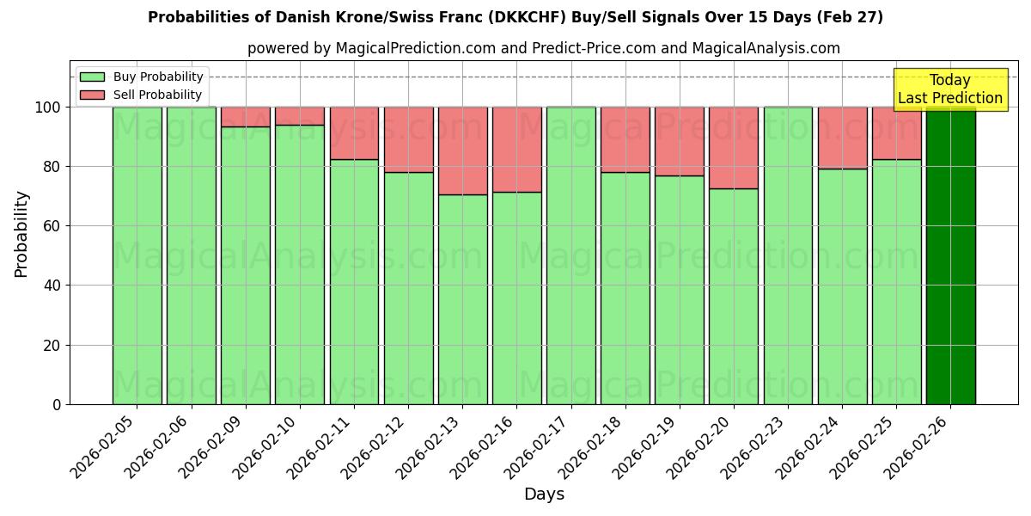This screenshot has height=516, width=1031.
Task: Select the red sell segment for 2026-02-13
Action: pos(462,150)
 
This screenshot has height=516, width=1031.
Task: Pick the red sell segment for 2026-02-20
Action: pos(734,147)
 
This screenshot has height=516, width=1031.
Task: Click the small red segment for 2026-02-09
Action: pos(246,117)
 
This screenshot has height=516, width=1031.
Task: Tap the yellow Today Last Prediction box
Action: pos(949,89)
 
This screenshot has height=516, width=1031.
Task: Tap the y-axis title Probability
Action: pos(21,233)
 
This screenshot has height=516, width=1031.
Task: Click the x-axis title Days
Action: pos(544,494)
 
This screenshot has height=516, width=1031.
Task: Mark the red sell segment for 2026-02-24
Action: pos(842,138)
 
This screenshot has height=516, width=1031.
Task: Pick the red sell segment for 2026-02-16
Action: pos(516,150)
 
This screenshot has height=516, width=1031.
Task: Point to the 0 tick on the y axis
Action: pos(57,405)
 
